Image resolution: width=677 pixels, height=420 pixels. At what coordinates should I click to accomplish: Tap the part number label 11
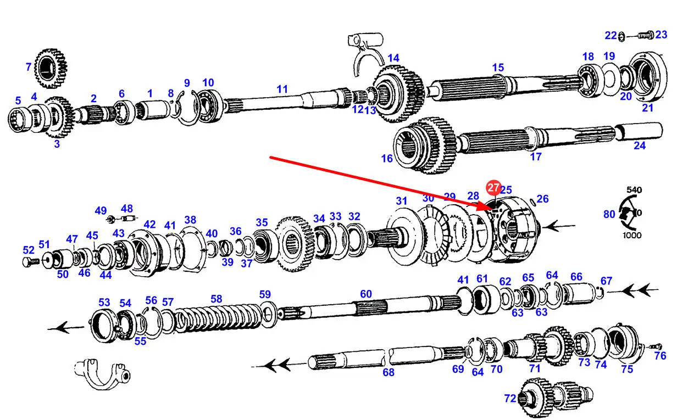pyautogui.click(x=282, y=89)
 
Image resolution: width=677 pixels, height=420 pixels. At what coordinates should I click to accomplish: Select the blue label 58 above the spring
pyautogui.click(x=217, y=299)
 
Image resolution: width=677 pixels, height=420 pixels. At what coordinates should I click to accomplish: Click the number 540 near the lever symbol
pyautogui.click(x=634, y=190)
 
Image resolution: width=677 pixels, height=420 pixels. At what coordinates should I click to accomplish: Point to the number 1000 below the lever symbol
pyautogui.click(x=632, y=235)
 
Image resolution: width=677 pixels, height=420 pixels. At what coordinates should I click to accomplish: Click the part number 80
pyautogui.click(x=609, y=214)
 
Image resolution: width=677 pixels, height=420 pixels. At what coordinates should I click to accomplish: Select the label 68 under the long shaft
pyautogui.click(x=389, y=372)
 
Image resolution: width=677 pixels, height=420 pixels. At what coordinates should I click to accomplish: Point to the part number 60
pyautogui.click(x=366, y=294)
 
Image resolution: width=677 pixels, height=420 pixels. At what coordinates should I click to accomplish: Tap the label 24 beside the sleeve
pyautogui.click(x=639, y=145)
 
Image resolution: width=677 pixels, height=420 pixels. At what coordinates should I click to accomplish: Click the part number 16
pyautogui.click(x=387, y=159)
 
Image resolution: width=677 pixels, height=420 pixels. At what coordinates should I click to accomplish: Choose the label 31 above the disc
pyautogui.click(x=402, y=201)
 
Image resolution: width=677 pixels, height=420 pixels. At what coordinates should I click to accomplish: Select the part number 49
pyautogui.click(x=101, y=210)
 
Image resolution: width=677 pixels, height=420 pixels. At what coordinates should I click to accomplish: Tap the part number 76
pyautogui.click(x=660, y=356)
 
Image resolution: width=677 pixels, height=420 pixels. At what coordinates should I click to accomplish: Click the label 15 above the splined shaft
pyautogui.click(x=498, y=68)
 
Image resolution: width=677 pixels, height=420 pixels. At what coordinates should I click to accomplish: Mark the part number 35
pyautogui.click(x=262, y=222)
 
